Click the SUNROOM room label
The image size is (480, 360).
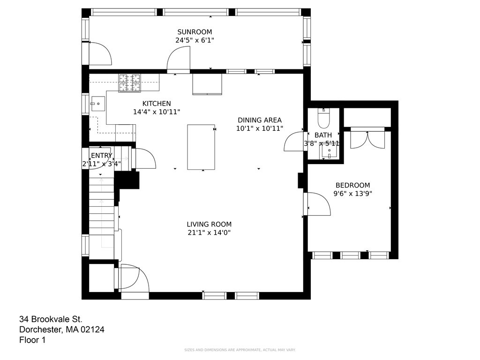195,32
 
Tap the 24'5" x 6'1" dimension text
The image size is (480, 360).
195,40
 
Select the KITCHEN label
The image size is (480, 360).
157,104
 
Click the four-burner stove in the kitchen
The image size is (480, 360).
130,83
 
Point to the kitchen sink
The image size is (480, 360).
98,104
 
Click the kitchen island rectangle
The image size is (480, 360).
201,147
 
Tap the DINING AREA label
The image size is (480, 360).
260,120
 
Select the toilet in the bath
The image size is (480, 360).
323,118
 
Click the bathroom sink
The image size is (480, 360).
329,151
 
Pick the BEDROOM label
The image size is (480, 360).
352,185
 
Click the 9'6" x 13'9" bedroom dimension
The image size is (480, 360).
352,194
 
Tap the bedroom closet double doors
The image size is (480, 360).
367,139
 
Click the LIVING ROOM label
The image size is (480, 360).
209,224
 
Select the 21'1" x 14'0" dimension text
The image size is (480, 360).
209,232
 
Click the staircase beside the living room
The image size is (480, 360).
102,211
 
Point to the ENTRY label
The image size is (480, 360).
102,156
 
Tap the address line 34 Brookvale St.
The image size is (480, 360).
51,319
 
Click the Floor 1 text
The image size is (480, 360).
32,340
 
